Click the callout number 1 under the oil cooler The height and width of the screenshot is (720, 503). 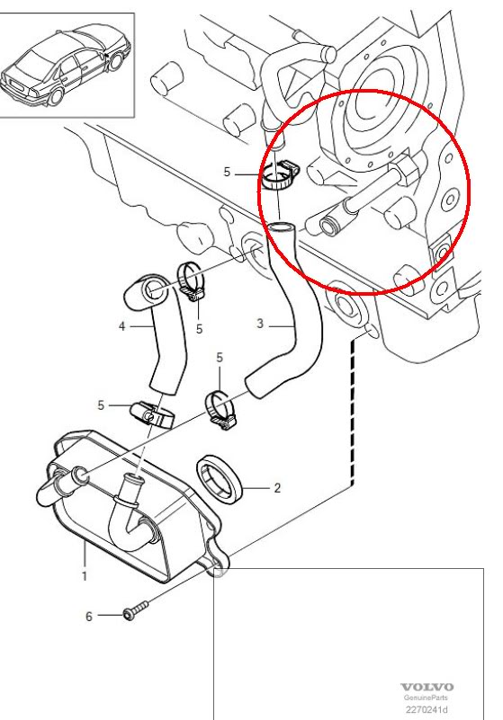85,576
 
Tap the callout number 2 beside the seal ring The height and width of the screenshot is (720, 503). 277,488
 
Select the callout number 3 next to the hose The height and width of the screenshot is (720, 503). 260,324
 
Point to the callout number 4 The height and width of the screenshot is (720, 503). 121,326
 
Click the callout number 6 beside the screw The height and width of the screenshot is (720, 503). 89,616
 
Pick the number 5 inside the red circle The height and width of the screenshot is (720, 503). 227,172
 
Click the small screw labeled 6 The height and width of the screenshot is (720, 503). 136,609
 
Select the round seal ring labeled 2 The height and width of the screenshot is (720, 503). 220,479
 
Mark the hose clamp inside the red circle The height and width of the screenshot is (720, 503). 281,176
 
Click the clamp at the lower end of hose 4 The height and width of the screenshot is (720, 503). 152,414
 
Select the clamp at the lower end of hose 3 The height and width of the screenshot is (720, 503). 220,409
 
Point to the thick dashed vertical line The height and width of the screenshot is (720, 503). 353,412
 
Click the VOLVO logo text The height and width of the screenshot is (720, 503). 427,687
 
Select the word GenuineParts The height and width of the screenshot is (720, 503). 427,698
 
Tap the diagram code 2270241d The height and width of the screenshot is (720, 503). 427,709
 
